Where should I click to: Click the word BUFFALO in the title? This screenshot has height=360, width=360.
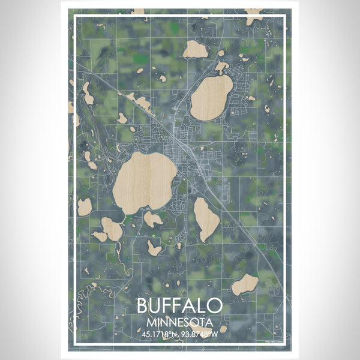[179, 305]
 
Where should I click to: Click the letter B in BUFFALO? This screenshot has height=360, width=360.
[143, 305]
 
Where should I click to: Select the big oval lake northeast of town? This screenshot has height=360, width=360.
[212, 96]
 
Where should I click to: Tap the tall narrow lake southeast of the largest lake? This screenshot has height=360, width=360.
[206, 219]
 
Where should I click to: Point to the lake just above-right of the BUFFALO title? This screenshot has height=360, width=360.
[245, 284]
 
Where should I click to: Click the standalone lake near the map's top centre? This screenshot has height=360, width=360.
[195, 49]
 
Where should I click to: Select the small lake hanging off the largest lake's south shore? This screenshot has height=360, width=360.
[153, 220]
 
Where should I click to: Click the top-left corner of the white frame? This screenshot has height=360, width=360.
[74, 17]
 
